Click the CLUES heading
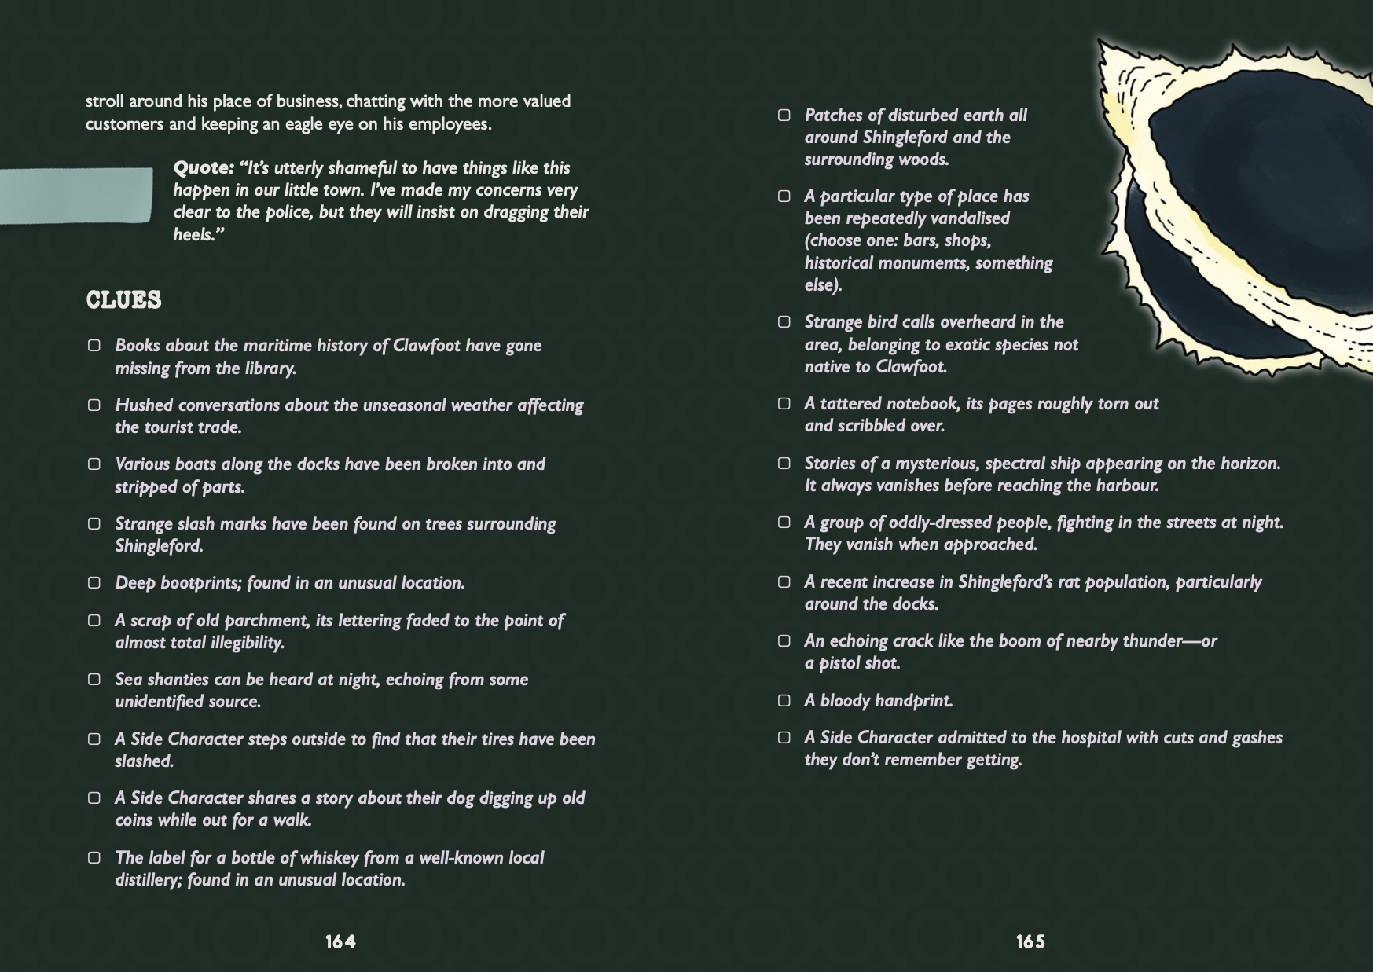(123, 300)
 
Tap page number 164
(340, 941)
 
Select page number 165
(1030, 941)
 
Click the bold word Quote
(203, 168)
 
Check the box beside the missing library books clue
(94, 346)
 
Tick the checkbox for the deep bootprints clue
(94, 583)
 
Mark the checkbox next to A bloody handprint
(784, 700)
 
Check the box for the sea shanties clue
(94, 680)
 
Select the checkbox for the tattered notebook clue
(784, 404)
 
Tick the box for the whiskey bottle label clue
(94, 858)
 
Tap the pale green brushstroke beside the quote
(76, 195)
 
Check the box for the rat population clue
(784, 582)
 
